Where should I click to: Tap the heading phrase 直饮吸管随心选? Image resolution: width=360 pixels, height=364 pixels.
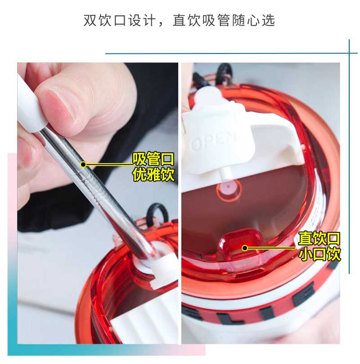pos(224,20)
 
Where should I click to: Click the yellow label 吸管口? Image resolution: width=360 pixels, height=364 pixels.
pos(153,159)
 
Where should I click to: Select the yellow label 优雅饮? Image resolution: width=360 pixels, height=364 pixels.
pos(153,174)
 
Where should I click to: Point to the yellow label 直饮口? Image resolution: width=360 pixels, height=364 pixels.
pos(319,238)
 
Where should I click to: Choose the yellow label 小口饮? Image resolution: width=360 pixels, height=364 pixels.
pos(319,254)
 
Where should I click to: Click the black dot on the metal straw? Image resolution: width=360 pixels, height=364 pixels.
pos(83,164)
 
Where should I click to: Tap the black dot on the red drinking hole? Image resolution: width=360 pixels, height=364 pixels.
pos(244,248)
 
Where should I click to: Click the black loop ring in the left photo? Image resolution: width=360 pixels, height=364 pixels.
pos(156,213)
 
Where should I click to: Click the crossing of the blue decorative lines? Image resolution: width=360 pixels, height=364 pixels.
pos(349,53)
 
